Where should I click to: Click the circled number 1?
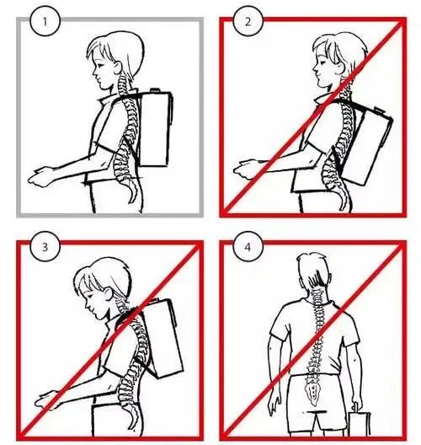pos(45,21)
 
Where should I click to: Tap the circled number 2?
pos(248,21)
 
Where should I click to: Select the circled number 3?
pos(45,247)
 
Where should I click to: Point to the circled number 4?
pos(248,247)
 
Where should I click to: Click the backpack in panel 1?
pos(155,128)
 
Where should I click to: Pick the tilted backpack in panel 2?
pos(365,145)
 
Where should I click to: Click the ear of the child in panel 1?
pos(117,67)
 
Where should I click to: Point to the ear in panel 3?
pos(109,293)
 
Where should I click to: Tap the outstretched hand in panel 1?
pos(40,177)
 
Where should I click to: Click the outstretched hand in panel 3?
pos(47,399)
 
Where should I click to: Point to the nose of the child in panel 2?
pos(314,68)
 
